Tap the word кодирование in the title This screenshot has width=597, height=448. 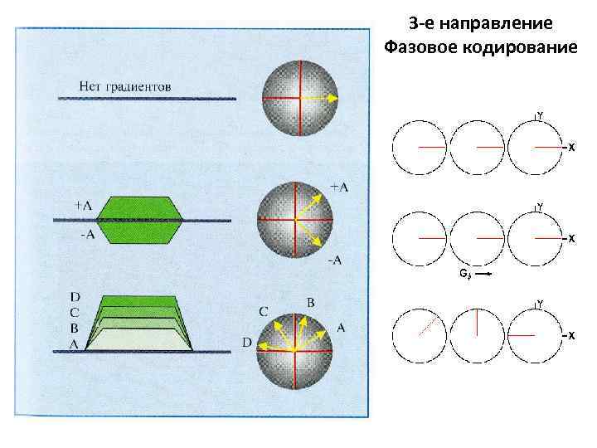tap(522, 46)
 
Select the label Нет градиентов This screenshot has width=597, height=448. tap(125, 85)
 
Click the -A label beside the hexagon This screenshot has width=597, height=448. tap(87, 236)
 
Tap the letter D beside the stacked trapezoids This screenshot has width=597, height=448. tap(75, 295)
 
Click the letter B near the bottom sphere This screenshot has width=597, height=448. tap(310, 303)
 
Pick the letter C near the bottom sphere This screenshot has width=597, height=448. tap(263, 312)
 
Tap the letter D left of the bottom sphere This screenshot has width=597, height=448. tap(246, 342)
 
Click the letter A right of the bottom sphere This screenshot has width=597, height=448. tap(340, 329)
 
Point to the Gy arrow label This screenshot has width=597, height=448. tap(464, 272)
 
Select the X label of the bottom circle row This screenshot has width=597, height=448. tap(571, 335)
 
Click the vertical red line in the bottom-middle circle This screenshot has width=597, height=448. tap(477, 322)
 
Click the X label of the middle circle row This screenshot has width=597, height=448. tap(571, 239)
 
